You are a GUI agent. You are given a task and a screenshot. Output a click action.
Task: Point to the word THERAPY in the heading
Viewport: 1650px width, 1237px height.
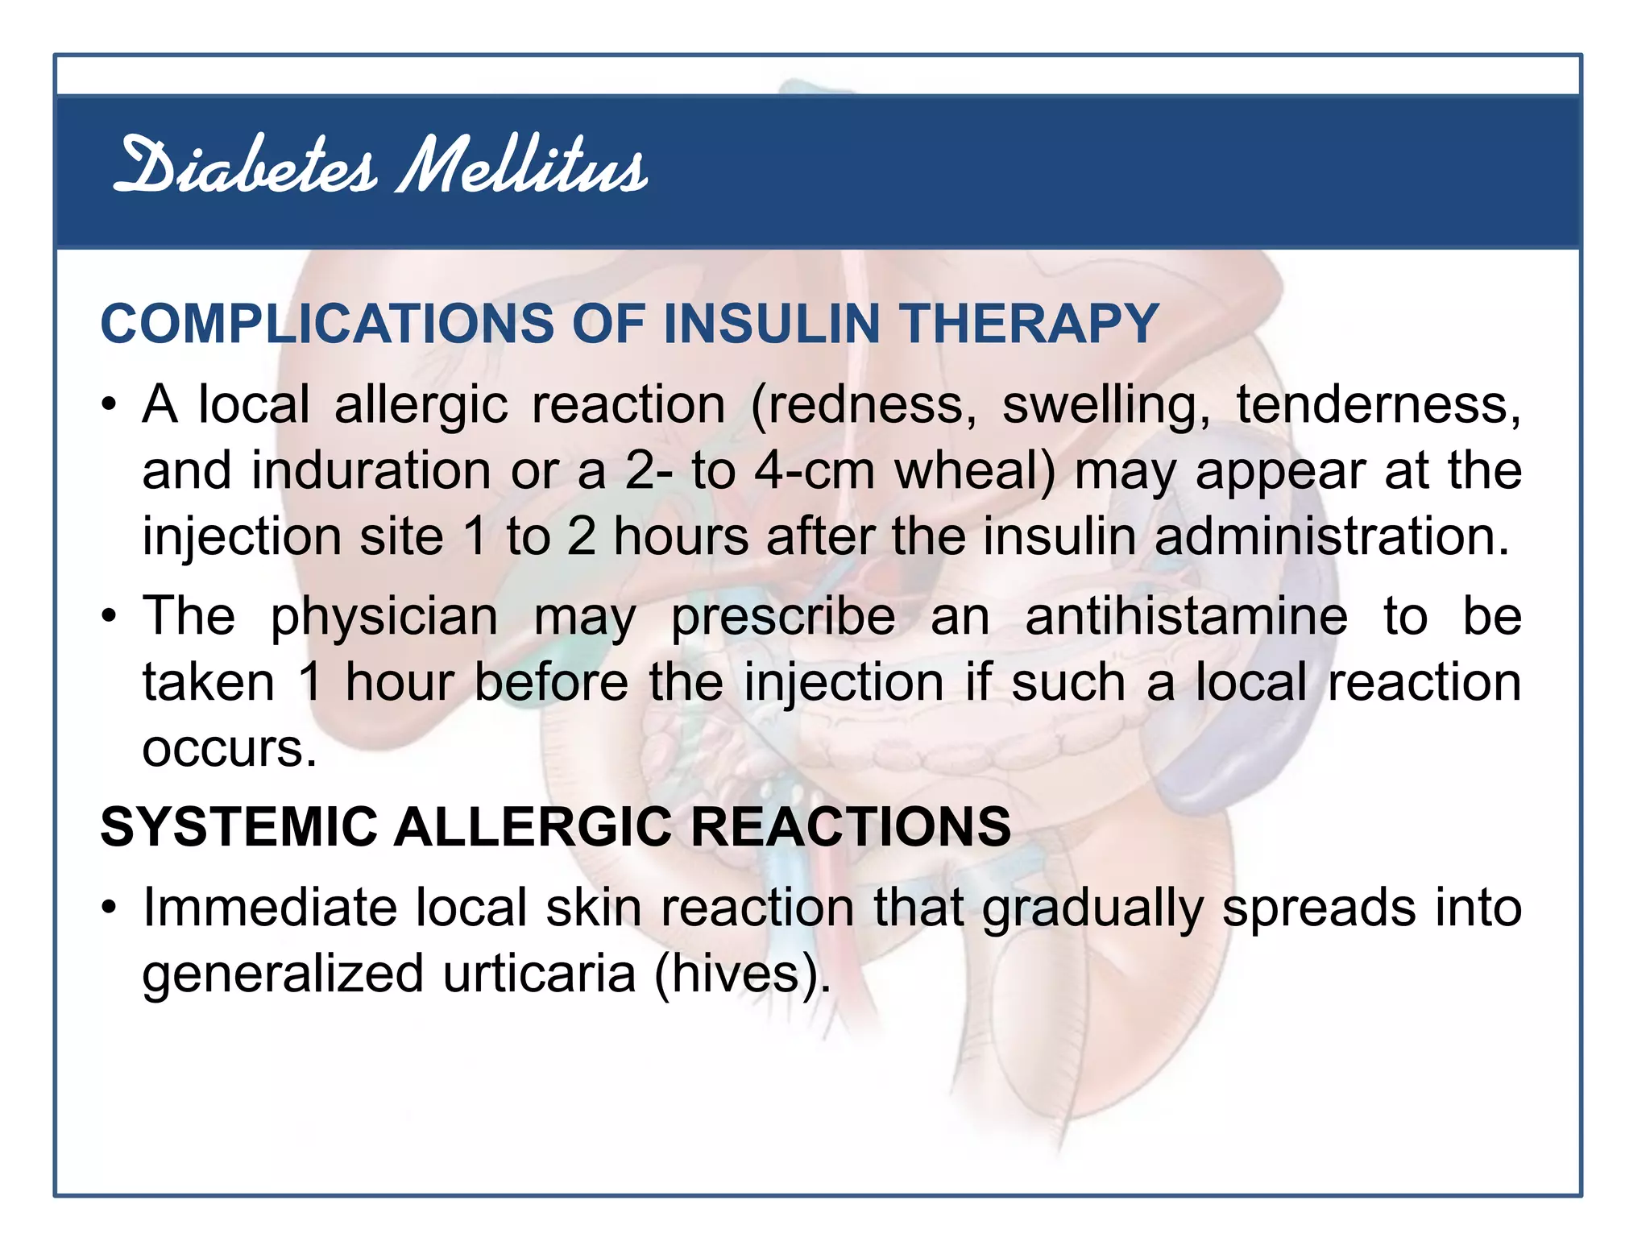pos(1030,324)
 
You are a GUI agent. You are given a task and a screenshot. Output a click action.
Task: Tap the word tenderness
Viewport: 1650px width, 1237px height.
pos(1378,404)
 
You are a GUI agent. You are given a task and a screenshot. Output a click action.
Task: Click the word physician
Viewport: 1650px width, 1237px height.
pos(384,617)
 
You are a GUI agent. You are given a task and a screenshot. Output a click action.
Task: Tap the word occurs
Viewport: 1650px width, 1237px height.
pos(229,749)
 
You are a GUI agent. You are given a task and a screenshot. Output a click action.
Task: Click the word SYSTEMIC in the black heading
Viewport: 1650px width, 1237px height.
pos(239,827)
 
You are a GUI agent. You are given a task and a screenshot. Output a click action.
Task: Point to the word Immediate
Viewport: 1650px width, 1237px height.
pos(270,908)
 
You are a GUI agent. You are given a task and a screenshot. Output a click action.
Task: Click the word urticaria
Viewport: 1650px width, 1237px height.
pos(540,974)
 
